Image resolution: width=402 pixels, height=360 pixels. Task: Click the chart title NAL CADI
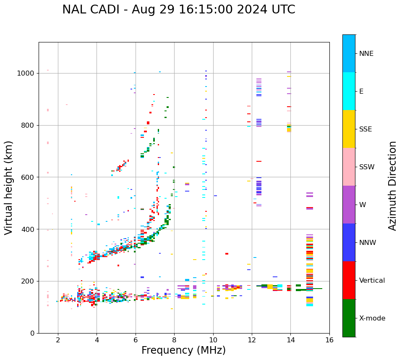[x=178, y=10]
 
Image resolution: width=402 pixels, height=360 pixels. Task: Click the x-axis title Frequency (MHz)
[x=183, y=350]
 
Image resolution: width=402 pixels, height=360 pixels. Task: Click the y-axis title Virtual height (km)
[x=9, y=188]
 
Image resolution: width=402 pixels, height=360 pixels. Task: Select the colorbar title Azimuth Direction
[x=392, y=186]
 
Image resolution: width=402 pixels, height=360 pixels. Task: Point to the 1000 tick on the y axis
[x=28, y=74]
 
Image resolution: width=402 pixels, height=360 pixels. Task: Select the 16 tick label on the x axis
[x=329, y=340]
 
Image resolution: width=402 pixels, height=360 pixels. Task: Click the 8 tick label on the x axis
[x=174, y=340]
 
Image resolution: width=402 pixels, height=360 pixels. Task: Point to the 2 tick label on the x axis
[x=58, y=340]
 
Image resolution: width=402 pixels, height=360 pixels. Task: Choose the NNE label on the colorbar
[x=366, y=54]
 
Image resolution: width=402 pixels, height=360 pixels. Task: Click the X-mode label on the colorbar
[x=372, y=318]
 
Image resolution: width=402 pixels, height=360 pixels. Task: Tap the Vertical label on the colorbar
[x=372, y=281]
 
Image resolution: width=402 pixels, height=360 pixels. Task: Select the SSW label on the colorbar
[x=367, y=167]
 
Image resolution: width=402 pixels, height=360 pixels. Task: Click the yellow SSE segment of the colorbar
[x=349, y=129]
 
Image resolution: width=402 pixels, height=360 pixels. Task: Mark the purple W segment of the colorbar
[x=349, y=205]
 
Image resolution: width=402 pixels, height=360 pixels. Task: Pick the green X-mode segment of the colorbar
[x=349, y=318]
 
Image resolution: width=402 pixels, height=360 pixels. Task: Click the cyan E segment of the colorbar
[x=349, y=91]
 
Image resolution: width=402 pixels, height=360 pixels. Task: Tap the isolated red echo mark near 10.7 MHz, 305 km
[x=227, y=254]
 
